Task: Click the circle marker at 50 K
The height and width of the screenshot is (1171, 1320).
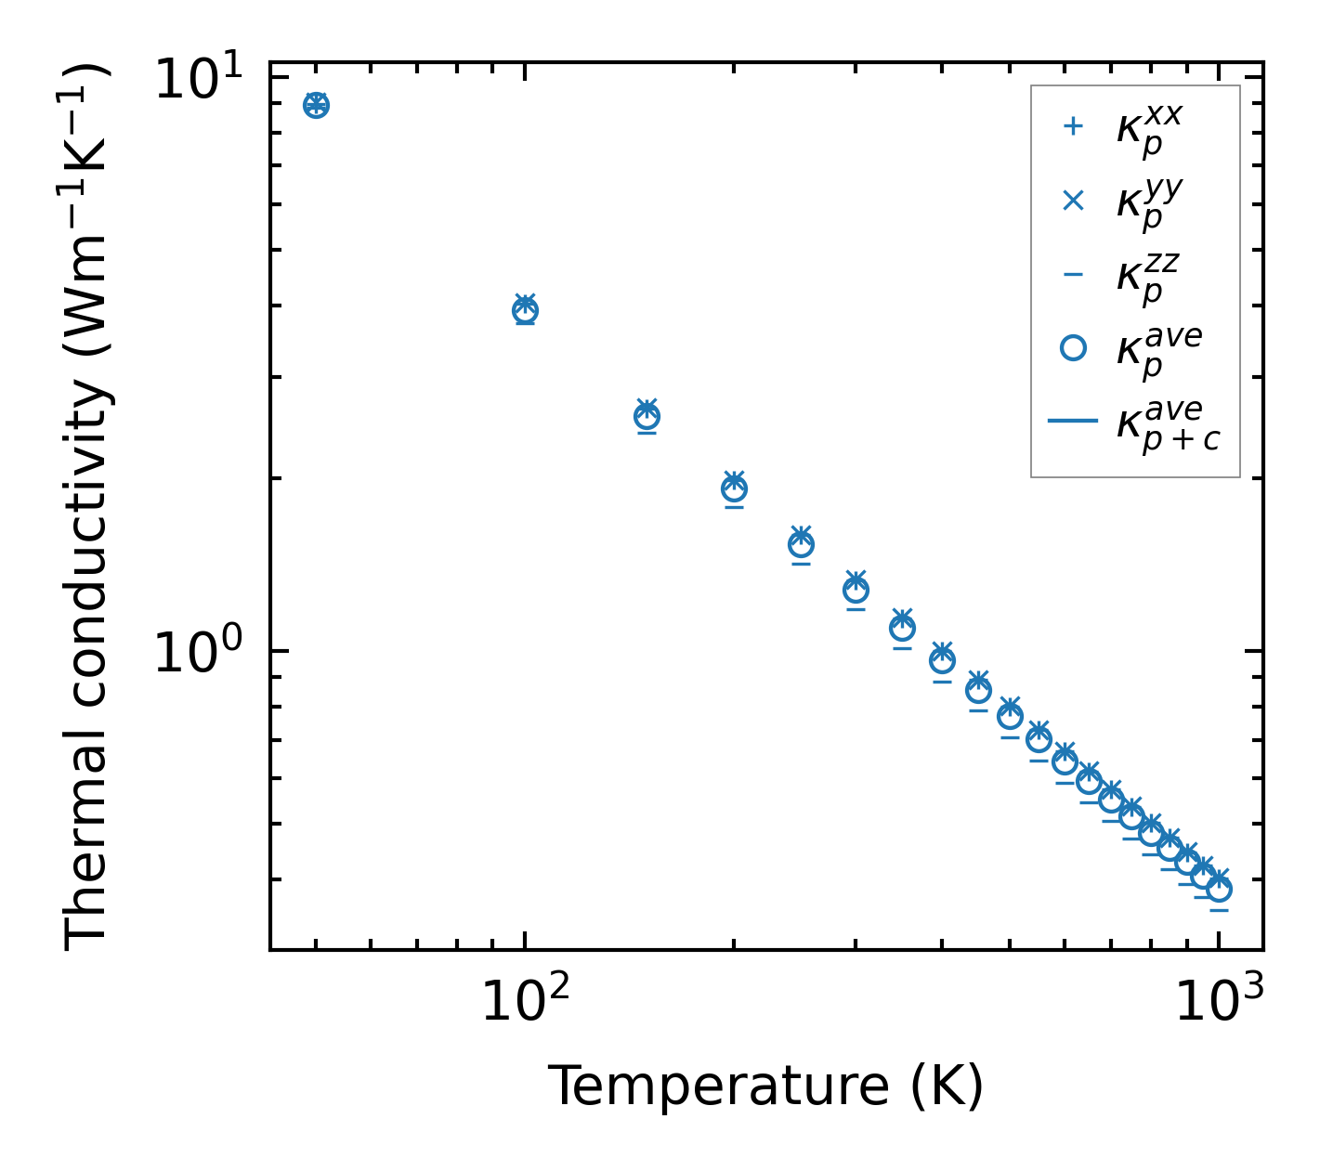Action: point(316,105)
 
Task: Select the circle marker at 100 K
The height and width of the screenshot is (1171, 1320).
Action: point(525,310)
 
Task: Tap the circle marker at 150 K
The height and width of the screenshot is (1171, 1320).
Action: point(647,416)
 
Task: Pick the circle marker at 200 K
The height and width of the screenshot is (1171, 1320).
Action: point(734,488)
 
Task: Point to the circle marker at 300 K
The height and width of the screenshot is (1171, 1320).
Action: point(856,590)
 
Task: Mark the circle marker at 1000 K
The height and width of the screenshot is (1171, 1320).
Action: point(1219,889)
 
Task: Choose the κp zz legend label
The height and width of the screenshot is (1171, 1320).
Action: point(1148,277)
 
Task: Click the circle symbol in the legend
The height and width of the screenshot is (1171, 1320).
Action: point(1073,348)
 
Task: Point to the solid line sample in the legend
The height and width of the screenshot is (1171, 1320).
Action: point(1073,422)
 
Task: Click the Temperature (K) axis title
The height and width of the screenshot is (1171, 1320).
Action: point(765,1086)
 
